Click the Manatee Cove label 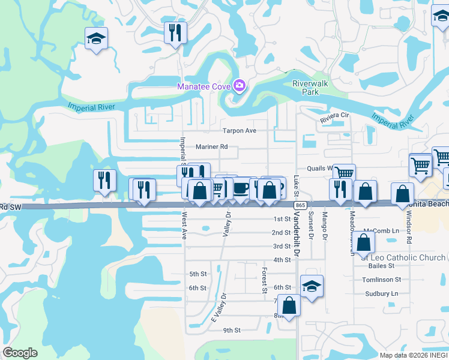point(204,86)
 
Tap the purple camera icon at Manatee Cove point(240,86)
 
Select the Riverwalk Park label point(310,88)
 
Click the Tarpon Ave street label point(240,131)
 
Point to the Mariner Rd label point(212,146)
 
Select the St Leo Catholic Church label point(404,258)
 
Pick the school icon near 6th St point(312,286)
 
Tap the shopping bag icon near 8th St point(289,305)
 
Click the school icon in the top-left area point(96,38)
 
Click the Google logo point(20,352)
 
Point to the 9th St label point(232,330)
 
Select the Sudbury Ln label point(382,293)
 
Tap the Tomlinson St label point(381,280)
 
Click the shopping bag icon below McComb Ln point(363,242)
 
